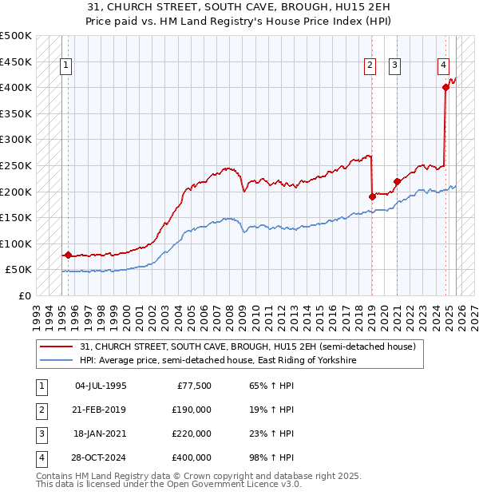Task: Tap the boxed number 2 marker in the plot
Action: point(370,66)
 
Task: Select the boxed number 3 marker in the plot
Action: point(395,66)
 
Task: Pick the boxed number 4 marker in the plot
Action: point(443,66)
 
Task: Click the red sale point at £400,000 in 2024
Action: point(445,88)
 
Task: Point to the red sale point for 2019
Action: point(372,196)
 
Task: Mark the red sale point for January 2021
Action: point(397,181)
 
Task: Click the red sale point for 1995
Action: point(68,255)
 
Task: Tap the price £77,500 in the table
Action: point(194,385)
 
